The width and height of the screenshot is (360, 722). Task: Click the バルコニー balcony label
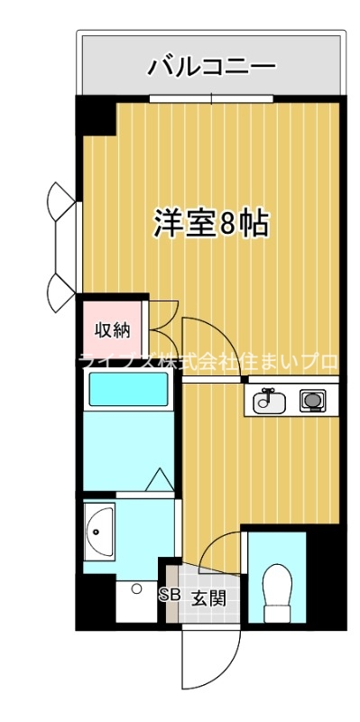click(x=212, y=65)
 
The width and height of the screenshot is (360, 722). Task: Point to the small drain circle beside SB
click(x=135, y=588)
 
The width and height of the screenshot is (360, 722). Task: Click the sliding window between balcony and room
click(x=210, y=97)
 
